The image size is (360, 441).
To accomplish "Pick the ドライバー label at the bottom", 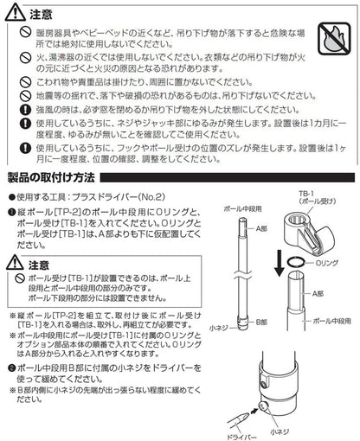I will pos(233,433).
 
